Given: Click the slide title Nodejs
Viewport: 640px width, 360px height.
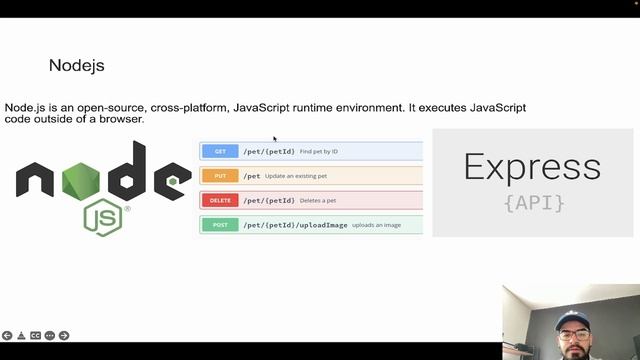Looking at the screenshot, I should pyautogui.click(x=76, y=66).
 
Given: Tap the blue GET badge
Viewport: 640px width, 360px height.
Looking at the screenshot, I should pyautogui.click(x=220, y=152).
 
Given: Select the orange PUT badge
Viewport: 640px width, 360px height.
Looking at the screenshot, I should pyautogui.click(x=220, y=176).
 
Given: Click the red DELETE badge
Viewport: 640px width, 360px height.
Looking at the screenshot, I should pyautogui.click(x=220, y=200).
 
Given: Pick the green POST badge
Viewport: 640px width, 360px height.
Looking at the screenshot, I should pyautogui.click(x=220, y=225).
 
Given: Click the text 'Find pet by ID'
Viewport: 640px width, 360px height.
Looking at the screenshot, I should pyautogui.click(x=319, y=152).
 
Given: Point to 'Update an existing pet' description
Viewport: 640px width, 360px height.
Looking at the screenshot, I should pyautogui.click(x=296, y=176).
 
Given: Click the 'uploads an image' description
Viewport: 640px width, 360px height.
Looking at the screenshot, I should pyautogui.click(x=376, y=225).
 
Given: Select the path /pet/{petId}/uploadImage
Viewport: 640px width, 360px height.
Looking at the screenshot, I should pyautogui.click(x=295, y=225).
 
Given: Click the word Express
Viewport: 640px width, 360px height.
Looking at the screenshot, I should pyautogui.click(x=532, y=167).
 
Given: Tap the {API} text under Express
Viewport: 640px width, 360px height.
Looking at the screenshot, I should pyautogui.click(x=534, y=203).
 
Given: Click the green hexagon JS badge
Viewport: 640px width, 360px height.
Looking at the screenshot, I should pyautogui.click(x=103, y=216).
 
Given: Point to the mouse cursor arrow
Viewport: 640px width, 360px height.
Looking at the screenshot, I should pyautogui.click(x=274, y=138).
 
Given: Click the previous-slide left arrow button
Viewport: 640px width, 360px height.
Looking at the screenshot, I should pyautogui.click(x=7, y=336).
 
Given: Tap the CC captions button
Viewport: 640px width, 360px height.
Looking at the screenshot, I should pyautogui.click(x=35, y=336).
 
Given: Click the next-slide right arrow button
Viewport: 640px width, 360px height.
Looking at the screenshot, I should pyautogui.click(x=64, y=336).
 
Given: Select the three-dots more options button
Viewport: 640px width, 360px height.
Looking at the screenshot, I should pyautogui.click(x=50, y=336).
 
